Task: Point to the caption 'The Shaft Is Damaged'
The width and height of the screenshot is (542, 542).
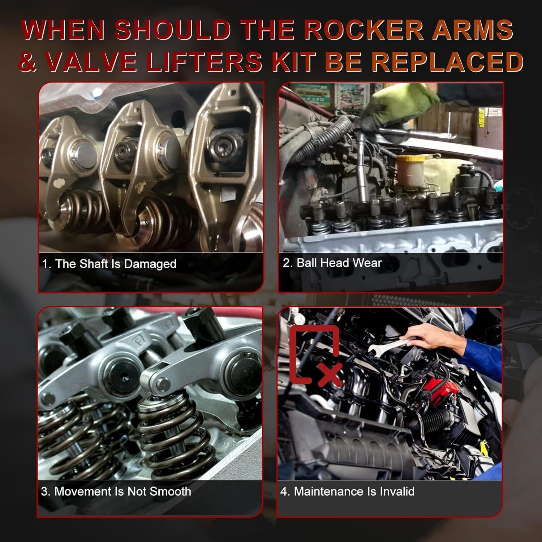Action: pyautogui.click(x=116, y=264)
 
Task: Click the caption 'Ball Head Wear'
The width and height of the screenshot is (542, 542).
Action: pyautogui.click(x=339, y=263)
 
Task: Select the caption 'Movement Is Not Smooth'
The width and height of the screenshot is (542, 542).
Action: pyautogui.click(x=122, y=491)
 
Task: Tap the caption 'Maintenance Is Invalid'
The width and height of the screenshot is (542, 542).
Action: pyautogui.click(x=354, y=491)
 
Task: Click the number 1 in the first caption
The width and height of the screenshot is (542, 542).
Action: pyautogui.click(x=45, y=264)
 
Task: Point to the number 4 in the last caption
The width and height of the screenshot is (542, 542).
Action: pyautogui.click(x=284, y=491)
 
